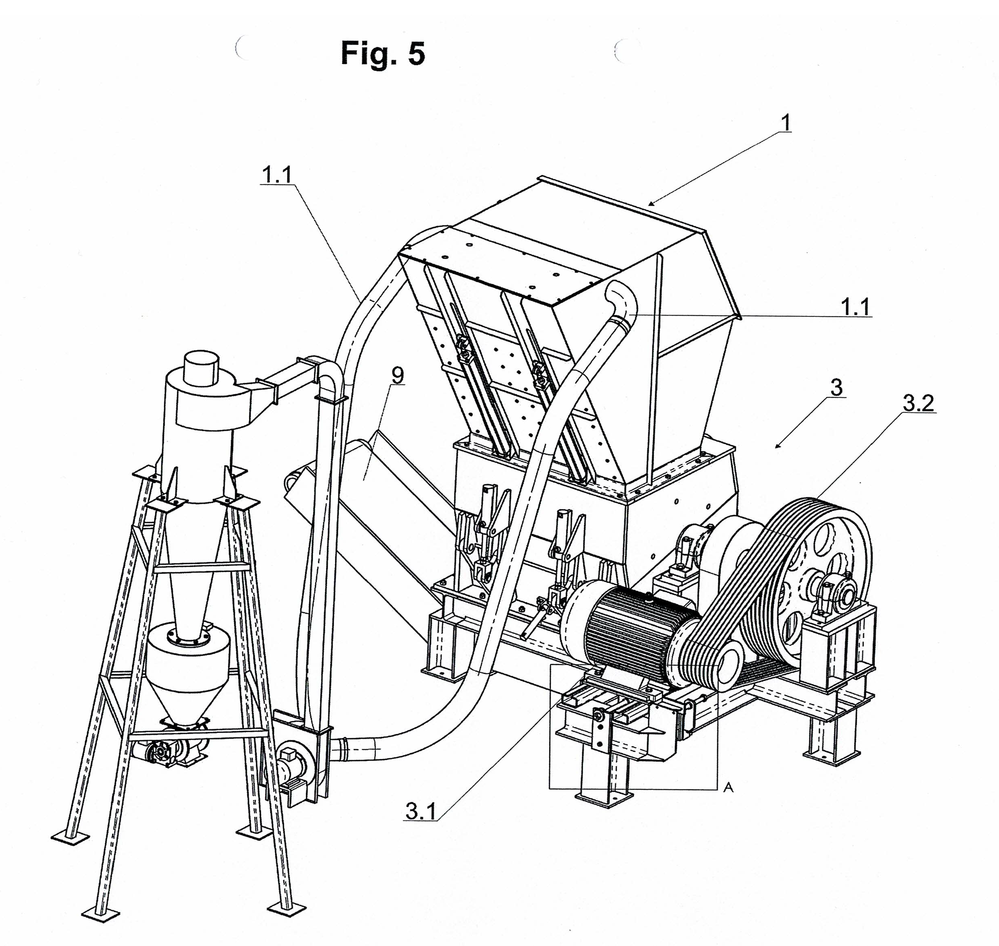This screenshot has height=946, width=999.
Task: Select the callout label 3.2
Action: coord(918,403)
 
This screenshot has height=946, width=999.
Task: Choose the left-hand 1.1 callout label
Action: coord(277,175)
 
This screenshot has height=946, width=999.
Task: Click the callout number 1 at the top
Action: coord(785,123)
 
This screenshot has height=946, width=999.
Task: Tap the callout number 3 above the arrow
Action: coord(836,388)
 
